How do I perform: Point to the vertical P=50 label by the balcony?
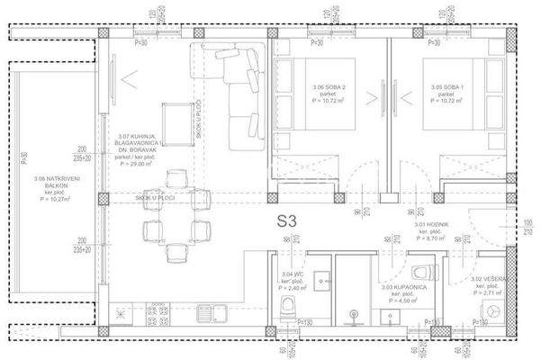pyautogui.click(x=24, y=163)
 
